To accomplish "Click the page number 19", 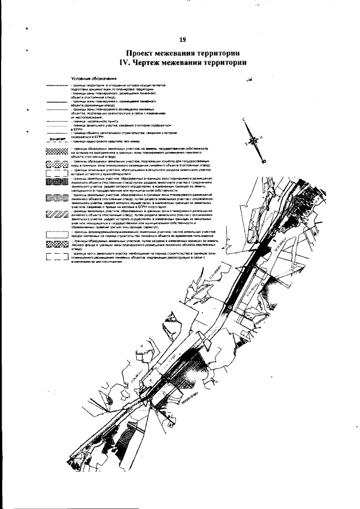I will [182, 40].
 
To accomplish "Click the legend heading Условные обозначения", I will [93, 78].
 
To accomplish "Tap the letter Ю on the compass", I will [264, 160].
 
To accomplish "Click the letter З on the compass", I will [246, 144].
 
